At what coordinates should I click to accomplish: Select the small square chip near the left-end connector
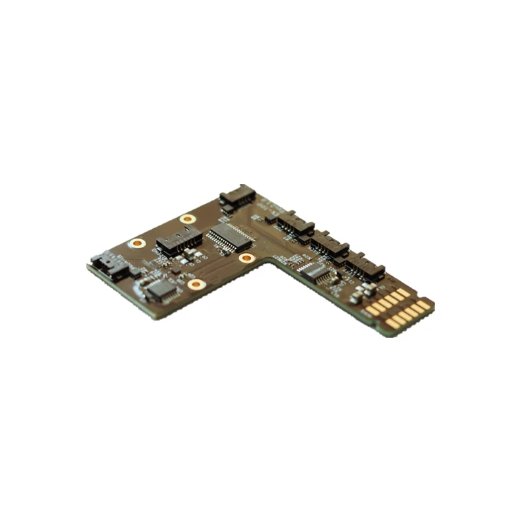162,289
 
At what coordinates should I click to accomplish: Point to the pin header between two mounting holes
179,241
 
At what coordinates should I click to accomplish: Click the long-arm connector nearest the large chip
294,223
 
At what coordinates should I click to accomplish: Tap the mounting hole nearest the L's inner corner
247,258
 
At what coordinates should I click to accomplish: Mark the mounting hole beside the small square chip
196,283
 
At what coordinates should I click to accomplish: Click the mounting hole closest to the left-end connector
138,243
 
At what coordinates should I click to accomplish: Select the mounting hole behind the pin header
187,219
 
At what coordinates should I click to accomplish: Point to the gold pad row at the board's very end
410,313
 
